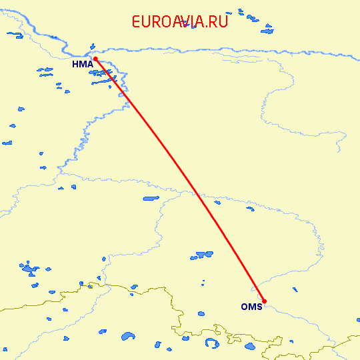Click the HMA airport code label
(x=81, y=64)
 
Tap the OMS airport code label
(x=251, y=307)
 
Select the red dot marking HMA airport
(x=95, y=59)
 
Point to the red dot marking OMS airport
(x=265, y=301)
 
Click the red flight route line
(x=180, y=180)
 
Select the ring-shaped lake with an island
(x=211, y=343)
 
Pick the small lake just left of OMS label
(x=201, y=313)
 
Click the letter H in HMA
(x=75, y=64)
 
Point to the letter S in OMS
(x=259, y=307)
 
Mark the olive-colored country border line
(x=133, y=291)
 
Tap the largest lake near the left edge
(x=29, y=269)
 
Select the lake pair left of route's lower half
(x=202, y=255)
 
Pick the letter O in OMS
(x=244, y=307)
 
